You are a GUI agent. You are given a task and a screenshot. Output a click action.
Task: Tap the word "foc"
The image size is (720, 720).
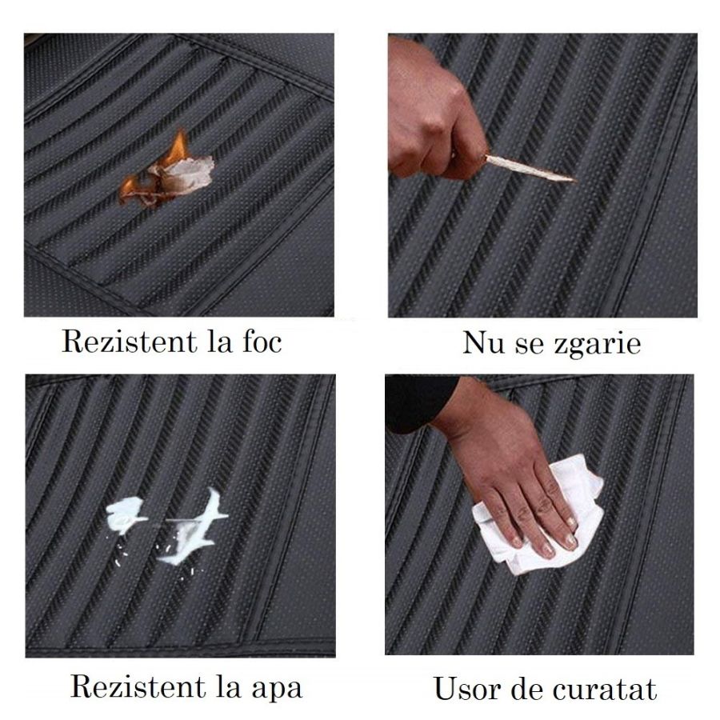[x=262, y=342]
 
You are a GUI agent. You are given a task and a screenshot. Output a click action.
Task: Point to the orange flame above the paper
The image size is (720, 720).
[x=178, y=146]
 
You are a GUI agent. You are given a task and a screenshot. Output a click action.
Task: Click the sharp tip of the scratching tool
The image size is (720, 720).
[x=576, y=180]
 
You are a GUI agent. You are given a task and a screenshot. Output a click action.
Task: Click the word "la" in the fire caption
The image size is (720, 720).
[x=218, y=342]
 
